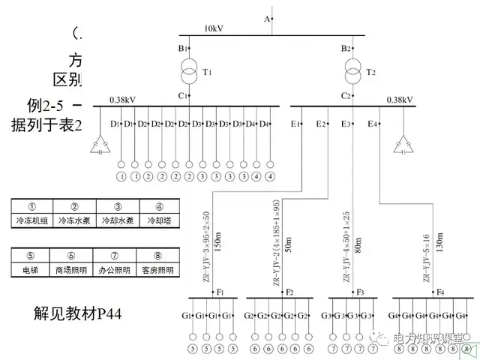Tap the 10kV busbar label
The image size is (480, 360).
coord(214,29)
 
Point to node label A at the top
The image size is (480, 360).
coord(266,17)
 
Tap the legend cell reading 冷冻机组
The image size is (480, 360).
coord(32,220)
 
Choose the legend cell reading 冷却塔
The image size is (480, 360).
coord(159,220)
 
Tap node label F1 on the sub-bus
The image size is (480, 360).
coord(220,291)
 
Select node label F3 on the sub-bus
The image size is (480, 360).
coord(360,291)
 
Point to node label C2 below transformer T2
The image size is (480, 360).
coord(346,96)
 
